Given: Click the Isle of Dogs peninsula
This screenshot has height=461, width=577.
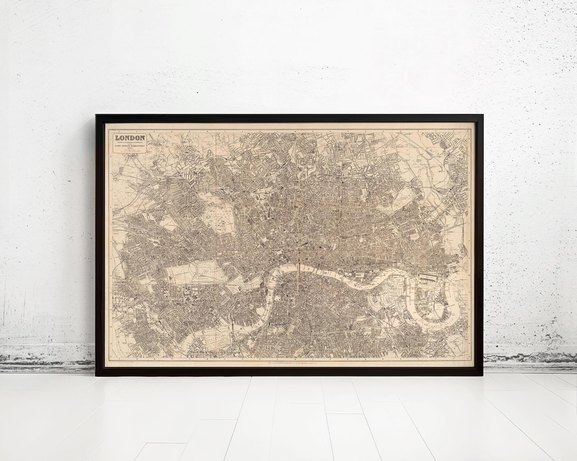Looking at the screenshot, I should (x=433, y=304).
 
